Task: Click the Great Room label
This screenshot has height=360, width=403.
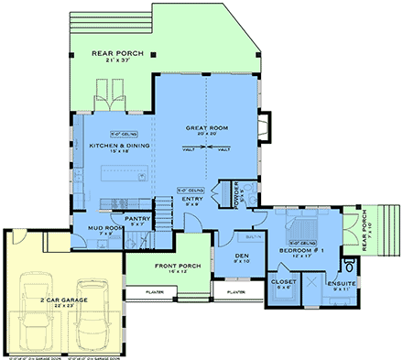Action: point(206,128)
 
